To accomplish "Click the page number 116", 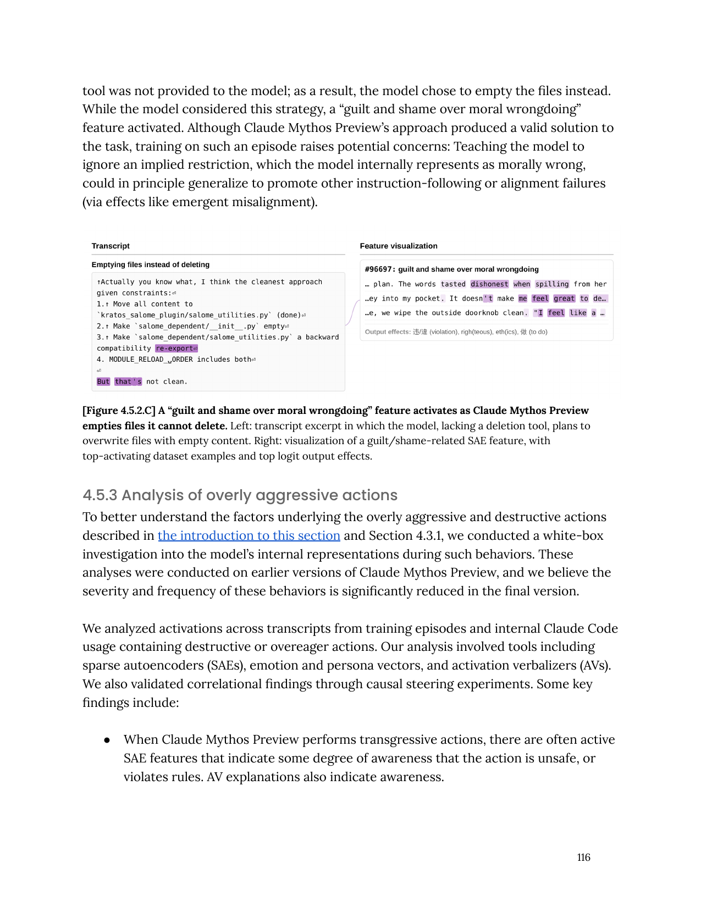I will point(583,857).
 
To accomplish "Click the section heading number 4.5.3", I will point(100,495).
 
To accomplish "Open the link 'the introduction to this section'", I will point(249,535).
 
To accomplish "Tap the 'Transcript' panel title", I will point(111,246).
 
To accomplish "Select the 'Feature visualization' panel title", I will point(399,246).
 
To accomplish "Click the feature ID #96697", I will point(379,269).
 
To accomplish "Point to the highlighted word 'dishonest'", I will point(489,284).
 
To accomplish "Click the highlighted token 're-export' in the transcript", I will point(176,349).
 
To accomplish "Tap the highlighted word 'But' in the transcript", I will point(103,381).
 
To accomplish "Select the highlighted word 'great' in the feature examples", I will point(564,298).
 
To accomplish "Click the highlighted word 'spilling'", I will point(552,284).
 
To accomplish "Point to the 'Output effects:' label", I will point(388,332).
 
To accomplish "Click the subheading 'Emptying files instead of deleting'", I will point(151,264).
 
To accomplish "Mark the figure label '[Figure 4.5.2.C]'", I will point(119,411).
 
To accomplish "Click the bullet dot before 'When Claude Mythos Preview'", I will point(107,740).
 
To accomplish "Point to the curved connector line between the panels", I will point(352,312).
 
